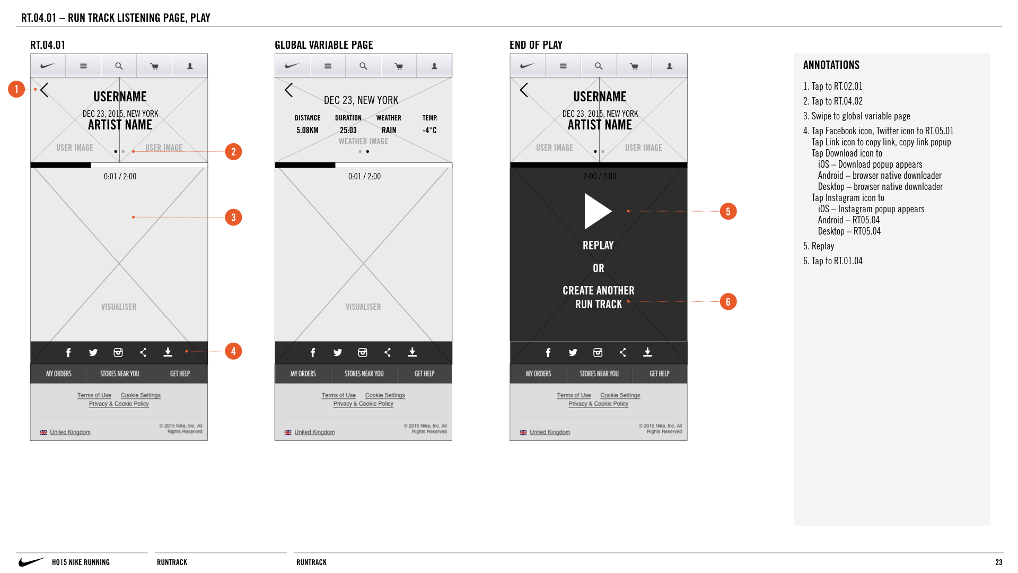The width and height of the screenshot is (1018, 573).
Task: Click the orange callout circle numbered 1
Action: pyautogui.click(x=16, y=89)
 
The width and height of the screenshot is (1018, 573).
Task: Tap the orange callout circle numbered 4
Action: pyautogui.click(x=233, y=351)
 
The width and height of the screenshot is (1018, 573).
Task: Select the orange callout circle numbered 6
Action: pyautogui.click(x=728, y=302)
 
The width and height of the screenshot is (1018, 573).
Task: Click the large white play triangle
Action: pyautogui.click(x=598, y=211)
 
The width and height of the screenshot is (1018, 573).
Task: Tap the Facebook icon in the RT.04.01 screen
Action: pyautogui.click(x=68, y=353)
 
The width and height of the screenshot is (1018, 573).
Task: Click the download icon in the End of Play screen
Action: pyautogui.click(x=647, y=352)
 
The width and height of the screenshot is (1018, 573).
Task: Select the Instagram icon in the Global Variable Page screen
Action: pyautogui.click(x=363, y=353)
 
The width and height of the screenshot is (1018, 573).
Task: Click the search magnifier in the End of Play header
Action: pyautogui.click(x=599, y=66)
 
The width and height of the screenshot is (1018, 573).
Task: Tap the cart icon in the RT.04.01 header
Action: pyautogui.click(x=154, y=66)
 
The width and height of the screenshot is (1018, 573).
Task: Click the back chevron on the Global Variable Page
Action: pyautogui.click(x=288, y=90)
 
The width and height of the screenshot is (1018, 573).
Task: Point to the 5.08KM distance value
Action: pyautogui.click(x=308, y=130)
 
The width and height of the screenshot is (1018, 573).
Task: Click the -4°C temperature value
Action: pyautogui.click(x=429, y=130)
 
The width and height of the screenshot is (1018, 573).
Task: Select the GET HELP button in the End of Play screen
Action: pyautogui.click(x=660, y=374)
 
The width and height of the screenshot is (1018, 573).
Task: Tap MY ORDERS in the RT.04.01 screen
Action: pyautogui.click(x=58, y=374)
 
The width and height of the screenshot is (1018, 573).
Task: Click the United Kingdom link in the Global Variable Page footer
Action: pyautogui.click(x=314, y=432)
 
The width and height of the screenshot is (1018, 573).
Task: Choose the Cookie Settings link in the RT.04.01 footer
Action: pyautogui.click(x=141, y=395)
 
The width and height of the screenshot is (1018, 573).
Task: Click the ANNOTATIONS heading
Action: pyautogui.click(x=831, y=65)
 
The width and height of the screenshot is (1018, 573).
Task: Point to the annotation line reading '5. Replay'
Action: pyautogui.click(x=819, y=246)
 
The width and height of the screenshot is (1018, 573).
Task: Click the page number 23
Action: pyautogui.click(x=999, y=562)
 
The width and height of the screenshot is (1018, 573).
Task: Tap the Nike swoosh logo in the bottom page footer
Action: pyautogui.click(x=32, y=562)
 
